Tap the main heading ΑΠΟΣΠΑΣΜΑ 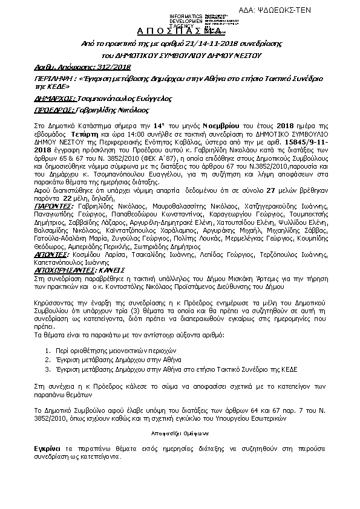click(x=180, y=31)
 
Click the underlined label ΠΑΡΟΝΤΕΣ click(x=53, y=189)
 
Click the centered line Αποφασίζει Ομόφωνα click(x=180, y=432)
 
